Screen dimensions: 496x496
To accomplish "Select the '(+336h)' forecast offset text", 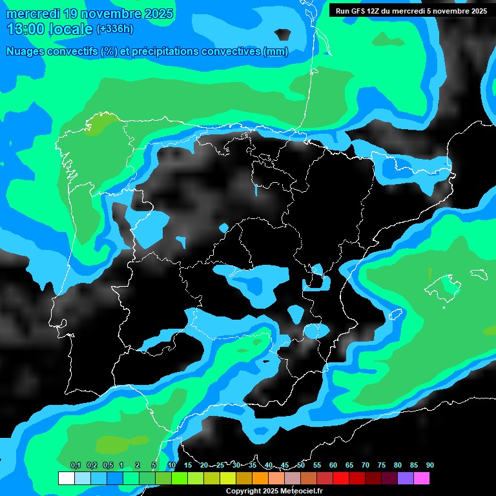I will click(x=114, y=28).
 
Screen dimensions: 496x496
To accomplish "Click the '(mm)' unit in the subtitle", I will click(x=276, y=52).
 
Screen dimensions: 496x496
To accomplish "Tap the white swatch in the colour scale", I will click(x=66, y=478).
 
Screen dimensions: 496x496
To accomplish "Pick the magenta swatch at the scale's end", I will click(x=421, y=478).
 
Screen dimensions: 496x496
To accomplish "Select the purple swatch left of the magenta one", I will click(x=405, y=478).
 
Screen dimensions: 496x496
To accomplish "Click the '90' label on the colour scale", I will click(x=429, y=465).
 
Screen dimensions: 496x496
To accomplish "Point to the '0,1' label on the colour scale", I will click(x=75, y=465).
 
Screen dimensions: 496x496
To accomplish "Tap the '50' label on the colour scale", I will click(x=301, y=465).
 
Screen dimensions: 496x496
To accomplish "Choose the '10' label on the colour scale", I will click(x=171, y=465).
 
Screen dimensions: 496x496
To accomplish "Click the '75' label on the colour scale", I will click(x=381, y=465).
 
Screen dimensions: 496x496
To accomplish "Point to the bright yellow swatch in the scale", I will click(x=227, y=478).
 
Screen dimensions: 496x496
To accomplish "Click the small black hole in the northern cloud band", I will click(x=282, y=34).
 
